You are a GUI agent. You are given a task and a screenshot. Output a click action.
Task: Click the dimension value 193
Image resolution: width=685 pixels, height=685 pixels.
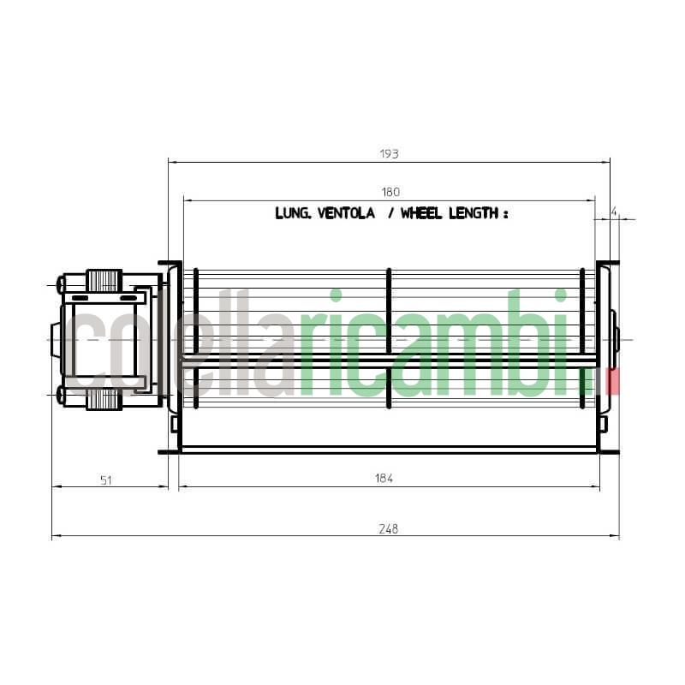(389, 154)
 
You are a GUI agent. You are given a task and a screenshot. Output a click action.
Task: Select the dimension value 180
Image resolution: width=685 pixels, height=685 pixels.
(390, 192)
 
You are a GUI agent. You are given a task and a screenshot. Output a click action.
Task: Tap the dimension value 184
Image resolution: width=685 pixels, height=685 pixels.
(384, 479)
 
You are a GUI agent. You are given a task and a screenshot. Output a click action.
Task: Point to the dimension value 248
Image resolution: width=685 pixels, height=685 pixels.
(388, 528)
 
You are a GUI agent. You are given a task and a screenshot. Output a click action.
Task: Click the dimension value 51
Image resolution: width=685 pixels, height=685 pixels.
(106, 480)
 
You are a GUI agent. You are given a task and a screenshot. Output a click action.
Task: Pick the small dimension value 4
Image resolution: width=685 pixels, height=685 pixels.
(615, 210)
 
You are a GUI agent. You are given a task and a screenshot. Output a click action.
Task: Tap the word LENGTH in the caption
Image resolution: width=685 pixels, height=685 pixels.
(472, 213)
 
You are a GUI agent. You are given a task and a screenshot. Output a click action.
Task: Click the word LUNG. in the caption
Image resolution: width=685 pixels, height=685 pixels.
(294, 213)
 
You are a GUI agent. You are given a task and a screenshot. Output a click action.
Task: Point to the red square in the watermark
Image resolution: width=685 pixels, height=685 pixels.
(613, 380)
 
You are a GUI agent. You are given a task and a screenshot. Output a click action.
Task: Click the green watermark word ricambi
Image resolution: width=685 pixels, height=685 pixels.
(437, 342)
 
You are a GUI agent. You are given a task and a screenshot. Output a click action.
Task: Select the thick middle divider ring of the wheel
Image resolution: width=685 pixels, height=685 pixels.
(389, 338)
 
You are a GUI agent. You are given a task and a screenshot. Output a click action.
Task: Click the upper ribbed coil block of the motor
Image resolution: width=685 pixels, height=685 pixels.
(104, 280)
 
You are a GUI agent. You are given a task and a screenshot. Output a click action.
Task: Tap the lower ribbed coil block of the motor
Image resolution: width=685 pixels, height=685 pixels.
(104, 398)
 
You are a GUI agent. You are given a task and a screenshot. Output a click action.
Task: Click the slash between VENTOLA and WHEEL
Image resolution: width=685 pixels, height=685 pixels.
(390, 213)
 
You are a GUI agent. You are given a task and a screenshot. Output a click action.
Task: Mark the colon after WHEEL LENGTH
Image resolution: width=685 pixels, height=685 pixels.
(505, 214)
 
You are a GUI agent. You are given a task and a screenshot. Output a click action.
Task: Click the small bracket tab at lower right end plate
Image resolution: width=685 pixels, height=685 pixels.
(603, 424)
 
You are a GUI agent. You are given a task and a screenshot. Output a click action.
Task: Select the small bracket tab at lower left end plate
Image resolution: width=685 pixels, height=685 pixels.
(175, 424)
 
